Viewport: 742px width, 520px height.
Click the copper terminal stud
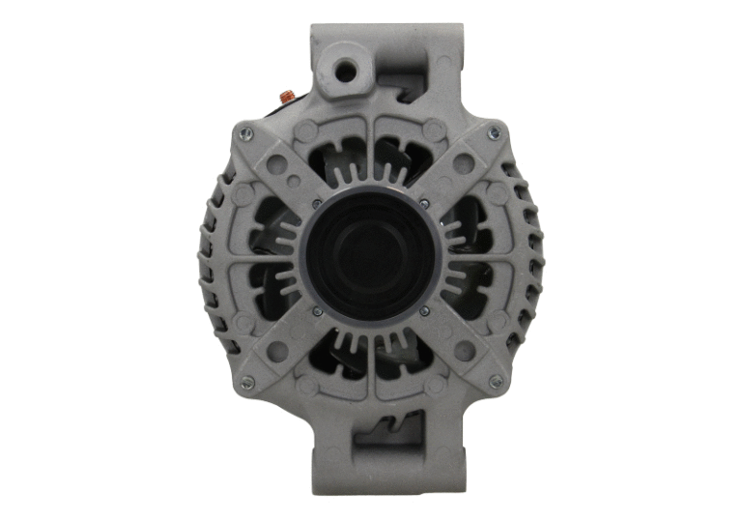click(287, 95)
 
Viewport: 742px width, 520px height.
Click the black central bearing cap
click(371, 257)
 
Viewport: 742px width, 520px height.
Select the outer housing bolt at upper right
click(495, 132)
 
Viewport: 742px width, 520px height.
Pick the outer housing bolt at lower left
click(246, 383)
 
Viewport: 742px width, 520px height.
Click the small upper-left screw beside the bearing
click(317, 203)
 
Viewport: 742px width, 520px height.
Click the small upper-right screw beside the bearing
click(425, 203)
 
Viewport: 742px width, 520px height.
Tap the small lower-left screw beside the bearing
click(317, 311)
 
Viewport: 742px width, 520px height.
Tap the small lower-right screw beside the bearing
click(425, 311)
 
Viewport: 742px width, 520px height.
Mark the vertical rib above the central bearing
click(371, 145)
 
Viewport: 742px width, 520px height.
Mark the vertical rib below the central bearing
click(371, 372)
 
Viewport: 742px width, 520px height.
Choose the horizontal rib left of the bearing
click(261, 258)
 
